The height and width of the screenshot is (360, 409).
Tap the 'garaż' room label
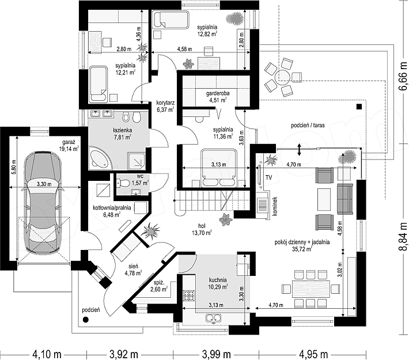tap(69, 142)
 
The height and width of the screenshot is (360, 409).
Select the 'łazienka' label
tap(122, 130)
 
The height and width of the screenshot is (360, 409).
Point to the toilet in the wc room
tap(123, 183)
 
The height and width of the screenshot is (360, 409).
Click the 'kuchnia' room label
tap(218, 280)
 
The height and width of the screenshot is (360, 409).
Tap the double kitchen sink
tap(214, 318)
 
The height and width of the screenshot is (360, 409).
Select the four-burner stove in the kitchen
tap(189, 295)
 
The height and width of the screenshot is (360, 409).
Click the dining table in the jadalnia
tap(311, 289)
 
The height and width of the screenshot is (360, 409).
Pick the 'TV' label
tap(268, 177)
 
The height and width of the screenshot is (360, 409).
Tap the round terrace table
tap(282, 77)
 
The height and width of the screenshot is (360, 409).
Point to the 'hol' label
tap(202, 226)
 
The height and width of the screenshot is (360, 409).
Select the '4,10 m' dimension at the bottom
tap(47, 354)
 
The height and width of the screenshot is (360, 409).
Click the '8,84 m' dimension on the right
tap(403, 236)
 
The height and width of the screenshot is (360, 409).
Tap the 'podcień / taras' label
tap(308, 126)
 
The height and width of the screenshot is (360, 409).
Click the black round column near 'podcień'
tap(85, 320)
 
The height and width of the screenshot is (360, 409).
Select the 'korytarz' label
tap(165, 103)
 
